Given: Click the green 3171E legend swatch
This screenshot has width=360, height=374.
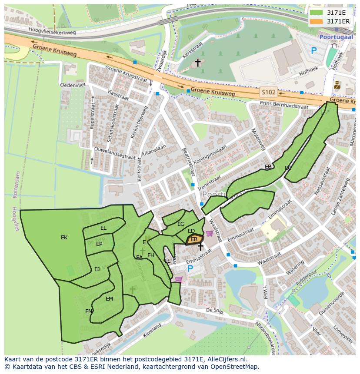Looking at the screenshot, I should point(316,13).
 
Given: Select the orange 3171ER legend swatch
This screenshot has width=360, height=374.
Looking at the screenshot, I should point(316,21).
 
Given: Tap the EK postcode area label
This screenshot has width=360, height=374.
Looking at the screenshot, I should point(64,238).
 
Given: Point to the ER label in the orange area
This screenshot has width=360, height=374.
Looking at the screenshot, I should point(194,239).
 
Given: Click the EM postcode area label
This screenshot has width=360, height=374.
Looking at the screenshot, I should point(109,298).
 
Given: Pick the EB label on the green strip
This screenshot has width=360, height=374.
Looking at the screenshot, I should point(268,167).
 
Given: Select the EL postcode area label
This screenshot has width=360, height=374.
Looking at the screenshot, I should point(103,228).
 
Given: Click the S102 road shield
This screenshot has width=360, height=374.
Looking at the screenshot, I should point(268,92).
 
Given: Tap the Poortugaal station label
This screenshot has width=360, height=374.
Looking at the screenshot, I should point(334,37).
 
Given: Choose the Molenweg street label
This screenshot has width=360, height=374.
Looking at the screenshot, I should point(259,139).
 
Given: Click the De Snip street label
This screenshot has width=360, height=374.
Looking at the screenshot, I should point(214,311).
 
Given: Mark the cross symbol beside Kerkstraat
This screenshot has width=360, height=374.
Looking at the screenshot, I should point(198,63).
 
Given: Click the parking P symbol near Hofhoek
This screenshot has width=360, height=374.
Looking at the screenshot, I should point(313,51).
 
